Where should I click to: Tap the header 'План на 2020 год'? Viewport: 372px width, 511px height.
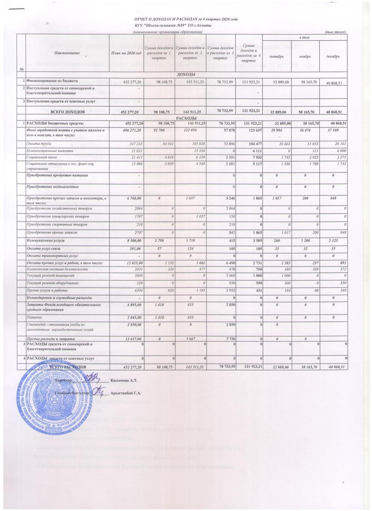coord(126,52)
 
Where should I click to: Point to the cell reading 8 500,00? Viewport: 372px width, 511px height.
coord(132,241)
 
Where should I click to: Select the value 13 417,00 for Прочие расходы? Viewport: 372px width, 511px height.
coord(131,339)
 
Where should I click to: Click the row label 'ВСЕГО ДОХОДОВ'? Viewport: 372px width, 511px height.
coord(68,112)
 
